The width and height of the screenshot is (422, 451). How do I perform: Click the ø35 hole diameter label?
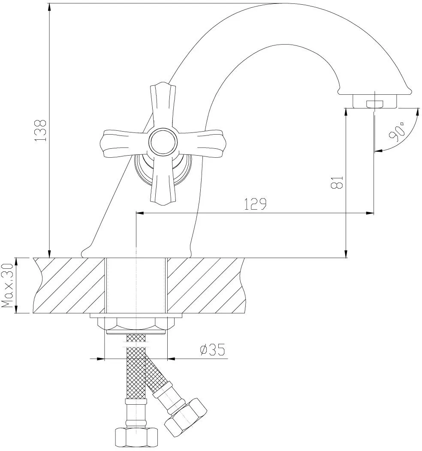pyautogui.click(x=212, y=351)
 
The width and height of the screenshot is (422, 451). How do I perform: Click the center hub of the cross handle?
pyautogui.click(x=163, y=143)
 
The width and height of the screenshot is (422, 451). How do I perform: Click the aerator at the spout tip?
pyautogui.click(x=375, y=102)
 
